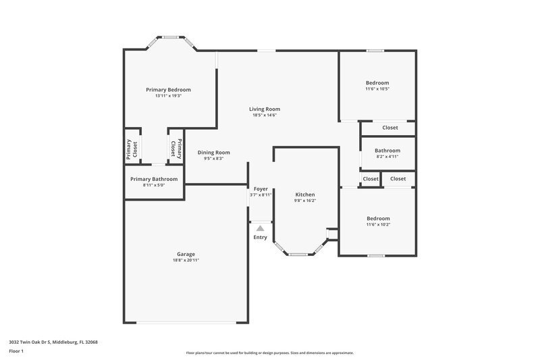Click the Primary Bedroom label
(169, 89)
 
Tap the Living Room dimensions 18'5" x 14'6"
(265, 115)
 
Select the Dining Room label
(213, 153)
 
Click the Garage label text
(186, 254)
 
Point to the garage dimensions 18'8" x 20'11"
(186, 260)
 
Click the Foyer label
(261, 189)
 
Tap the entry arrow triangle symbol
(260, 228)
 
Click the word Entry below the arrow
(260, 237)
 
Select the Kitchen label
(305, 195)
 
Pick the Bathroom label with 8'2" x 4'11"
(387, 151)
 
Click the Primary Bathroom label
(154, 179)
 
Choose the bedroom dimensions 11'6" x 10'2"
(377, 225)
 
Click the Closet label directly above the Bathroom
(390, 128)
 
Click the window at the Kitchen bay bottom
(298, 255)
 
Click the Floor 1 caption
(16, 351)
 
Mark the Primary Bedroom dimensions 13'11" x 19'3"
(169, 96)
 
